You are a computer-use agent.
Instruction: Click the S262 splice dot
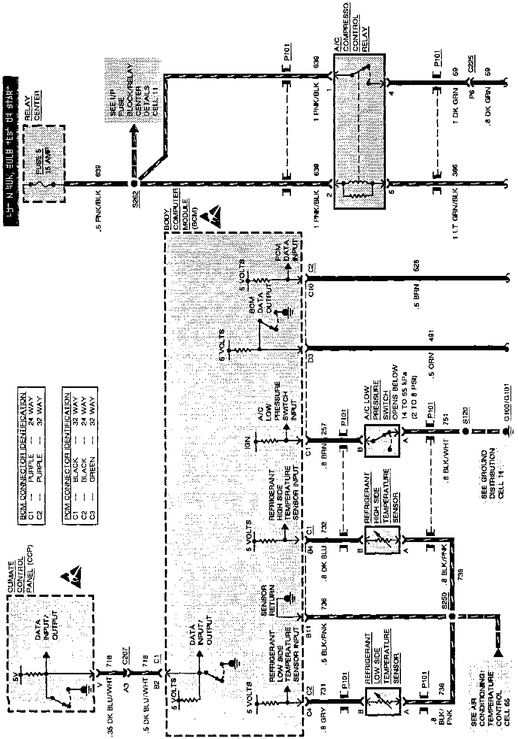[134, 184]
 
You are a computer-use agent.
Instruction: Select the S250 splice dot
[452, 616]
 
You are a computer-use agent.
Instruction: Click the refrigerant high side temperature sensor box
[382, 541]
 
